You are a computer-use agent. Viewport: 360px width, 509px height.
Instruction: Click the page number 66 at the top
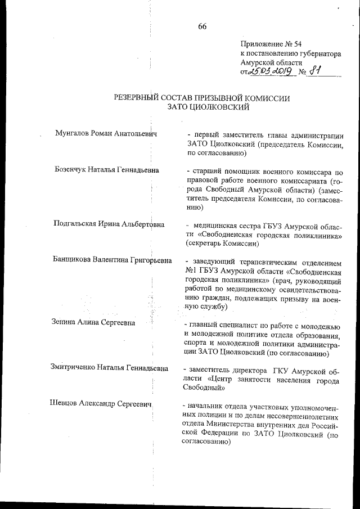click(x=202, y=26)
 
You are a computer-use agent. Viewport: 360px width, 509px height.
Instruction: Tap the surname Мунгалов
click(x=74, y=134)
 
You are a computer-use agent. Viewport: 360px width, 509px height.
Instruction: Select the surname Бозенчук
click(x=73, y=170)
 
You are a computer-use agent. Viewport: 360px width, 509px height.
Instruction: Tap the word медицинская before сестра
click(x=216, y=224)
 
